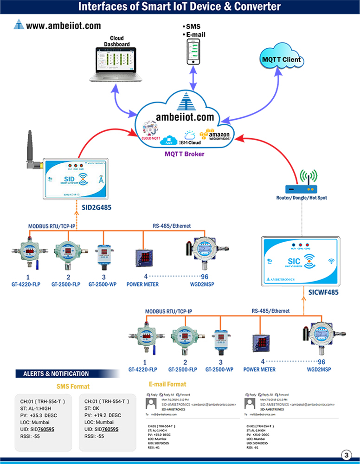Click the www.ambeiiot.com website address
coord(63,26)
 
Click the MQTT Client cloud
coord(281,59)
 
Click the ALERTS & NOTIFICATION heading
coord(52,373)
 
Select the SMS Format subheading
coord(73,386)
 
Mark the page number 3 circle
coord(346,454)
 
